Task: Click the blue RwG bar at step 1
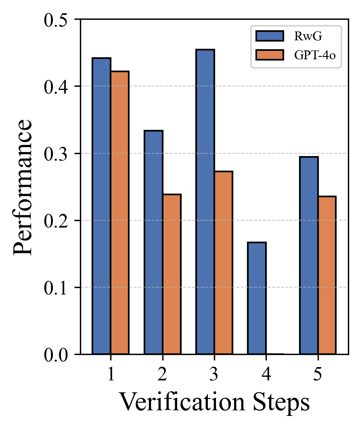tap(101, 206)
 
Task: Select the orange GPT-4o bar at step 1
tap(119, 213)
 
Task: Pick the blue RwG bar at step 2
tap(153, 242)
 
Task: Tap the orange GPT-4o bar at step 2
tap(172, 274)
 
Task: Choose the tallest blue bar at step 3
tap(205, 202)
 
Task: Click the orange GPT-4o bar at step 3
tap(223, 263)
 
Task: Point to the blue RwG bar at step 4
tap(257, 298)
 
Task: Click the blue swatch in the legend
tap(270, 36)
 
